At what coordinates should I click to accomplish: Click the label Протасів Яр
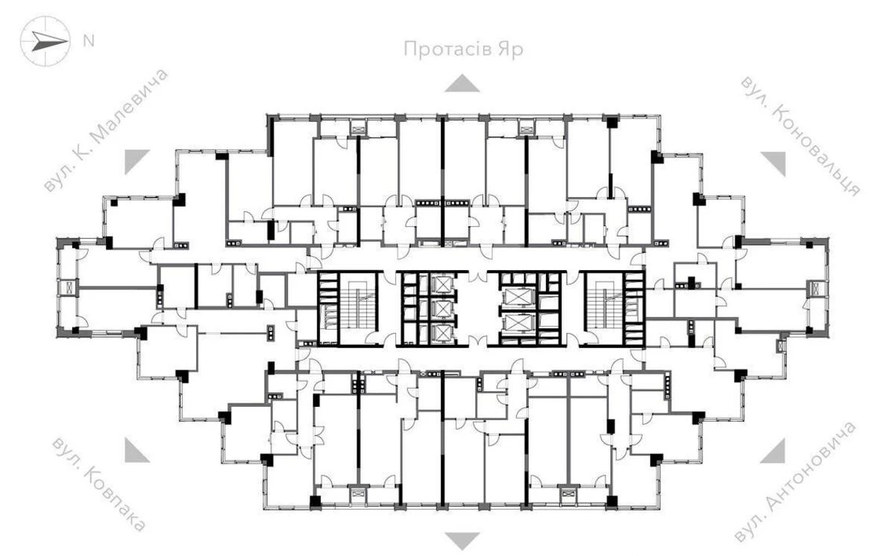click(462, 50)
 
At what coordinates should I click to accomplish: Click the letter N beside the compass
click(88, 40)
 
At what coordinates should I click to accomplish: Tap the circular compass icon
click(45, 41)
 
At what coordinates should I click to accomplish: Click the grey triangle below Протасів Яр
click(462, 83)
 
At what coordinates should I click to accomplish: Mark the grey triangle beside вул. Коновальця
click(774, 161)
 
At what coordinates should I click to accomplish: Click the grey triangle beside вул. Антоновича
click(774, 451)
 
